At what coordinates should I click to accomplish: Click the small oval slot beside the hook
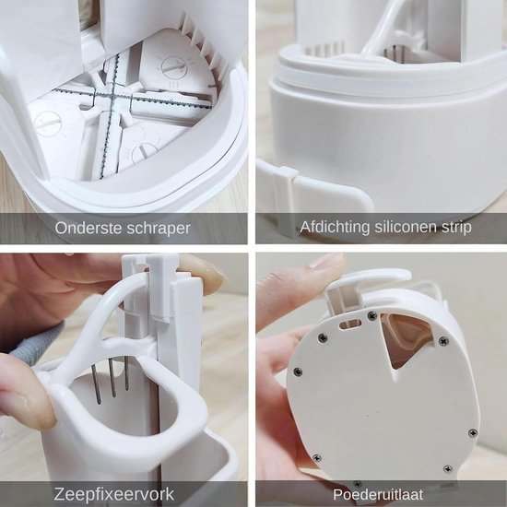click(348, 324)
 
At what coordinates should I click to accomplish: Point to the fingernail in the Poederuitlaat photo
click(327, 264)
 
